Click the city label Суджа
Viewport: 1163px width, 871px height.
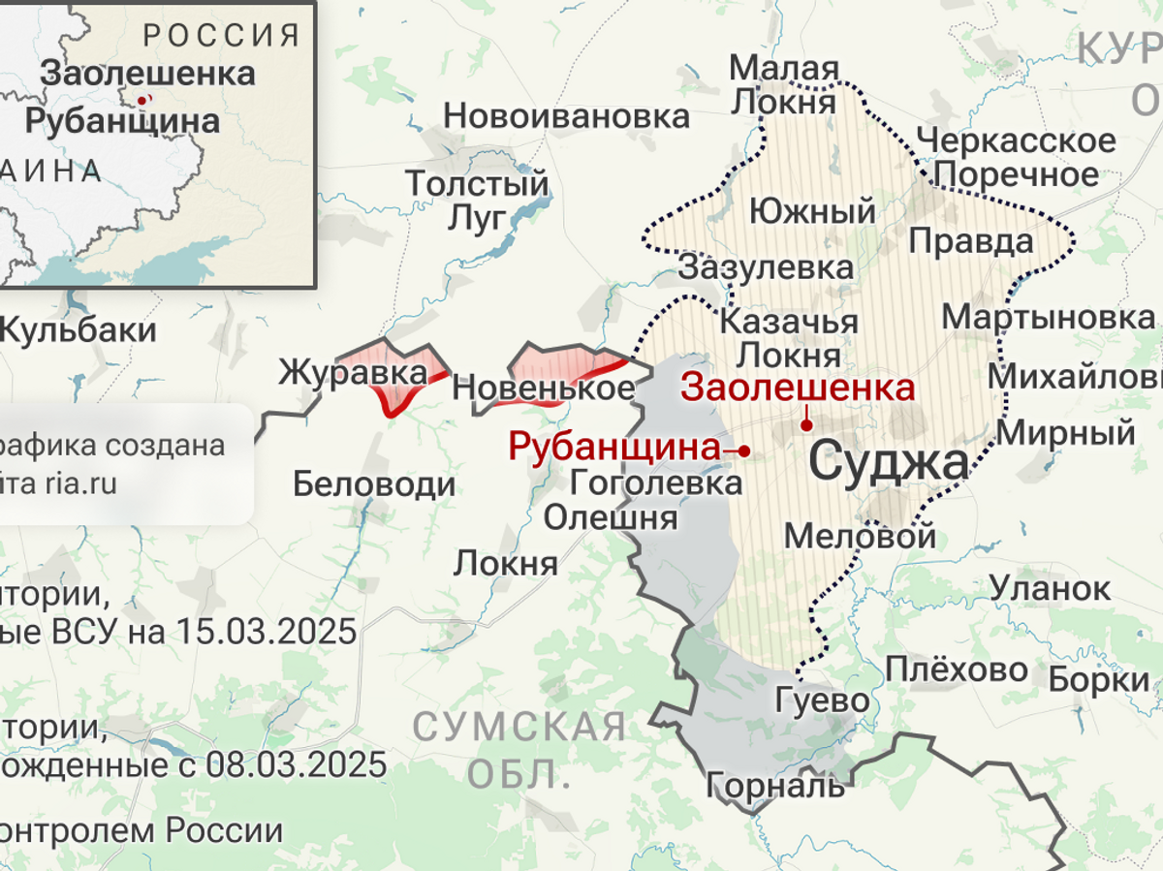[x=888, y=463]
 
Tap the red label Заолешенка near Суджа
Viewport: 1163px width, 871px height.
[x=797, y=387]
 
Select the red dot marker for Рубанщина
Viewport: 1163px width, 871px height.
[x=744, y=451]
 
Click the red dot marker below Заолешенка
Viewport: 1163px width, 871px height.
[x=806, y=424]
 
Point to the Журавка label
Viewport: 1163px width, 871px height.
[x=353, y=373]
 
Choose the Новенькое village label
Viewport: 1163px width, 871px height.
[x=543, y=389]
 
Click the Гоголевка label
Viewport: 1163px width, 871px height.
[x=655, y=482]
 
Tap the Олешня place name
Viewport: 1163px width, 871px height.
[x=610, y=517]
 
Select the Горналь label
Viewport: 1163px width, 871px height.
[x=774, y=785]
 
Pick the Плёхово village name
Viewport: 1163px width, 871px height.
[x=956, y=669]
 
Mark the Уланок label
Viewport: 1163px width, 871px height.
[x=1051, y=587]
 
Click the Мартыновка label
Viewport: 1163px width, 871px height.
[x=1049, y=317]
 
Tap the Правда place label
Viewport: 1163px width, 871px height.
[x=971, y=240]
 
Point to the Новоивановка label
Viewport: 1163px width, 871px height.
[x=566, y=117]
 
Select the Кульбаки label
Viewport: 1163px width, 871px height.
[x=78, y=329]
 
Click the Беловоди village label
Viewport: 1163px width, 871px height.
[x=374, y=483]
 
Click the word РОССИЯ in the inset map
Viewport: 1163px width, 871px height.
[x=222, y=37]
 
